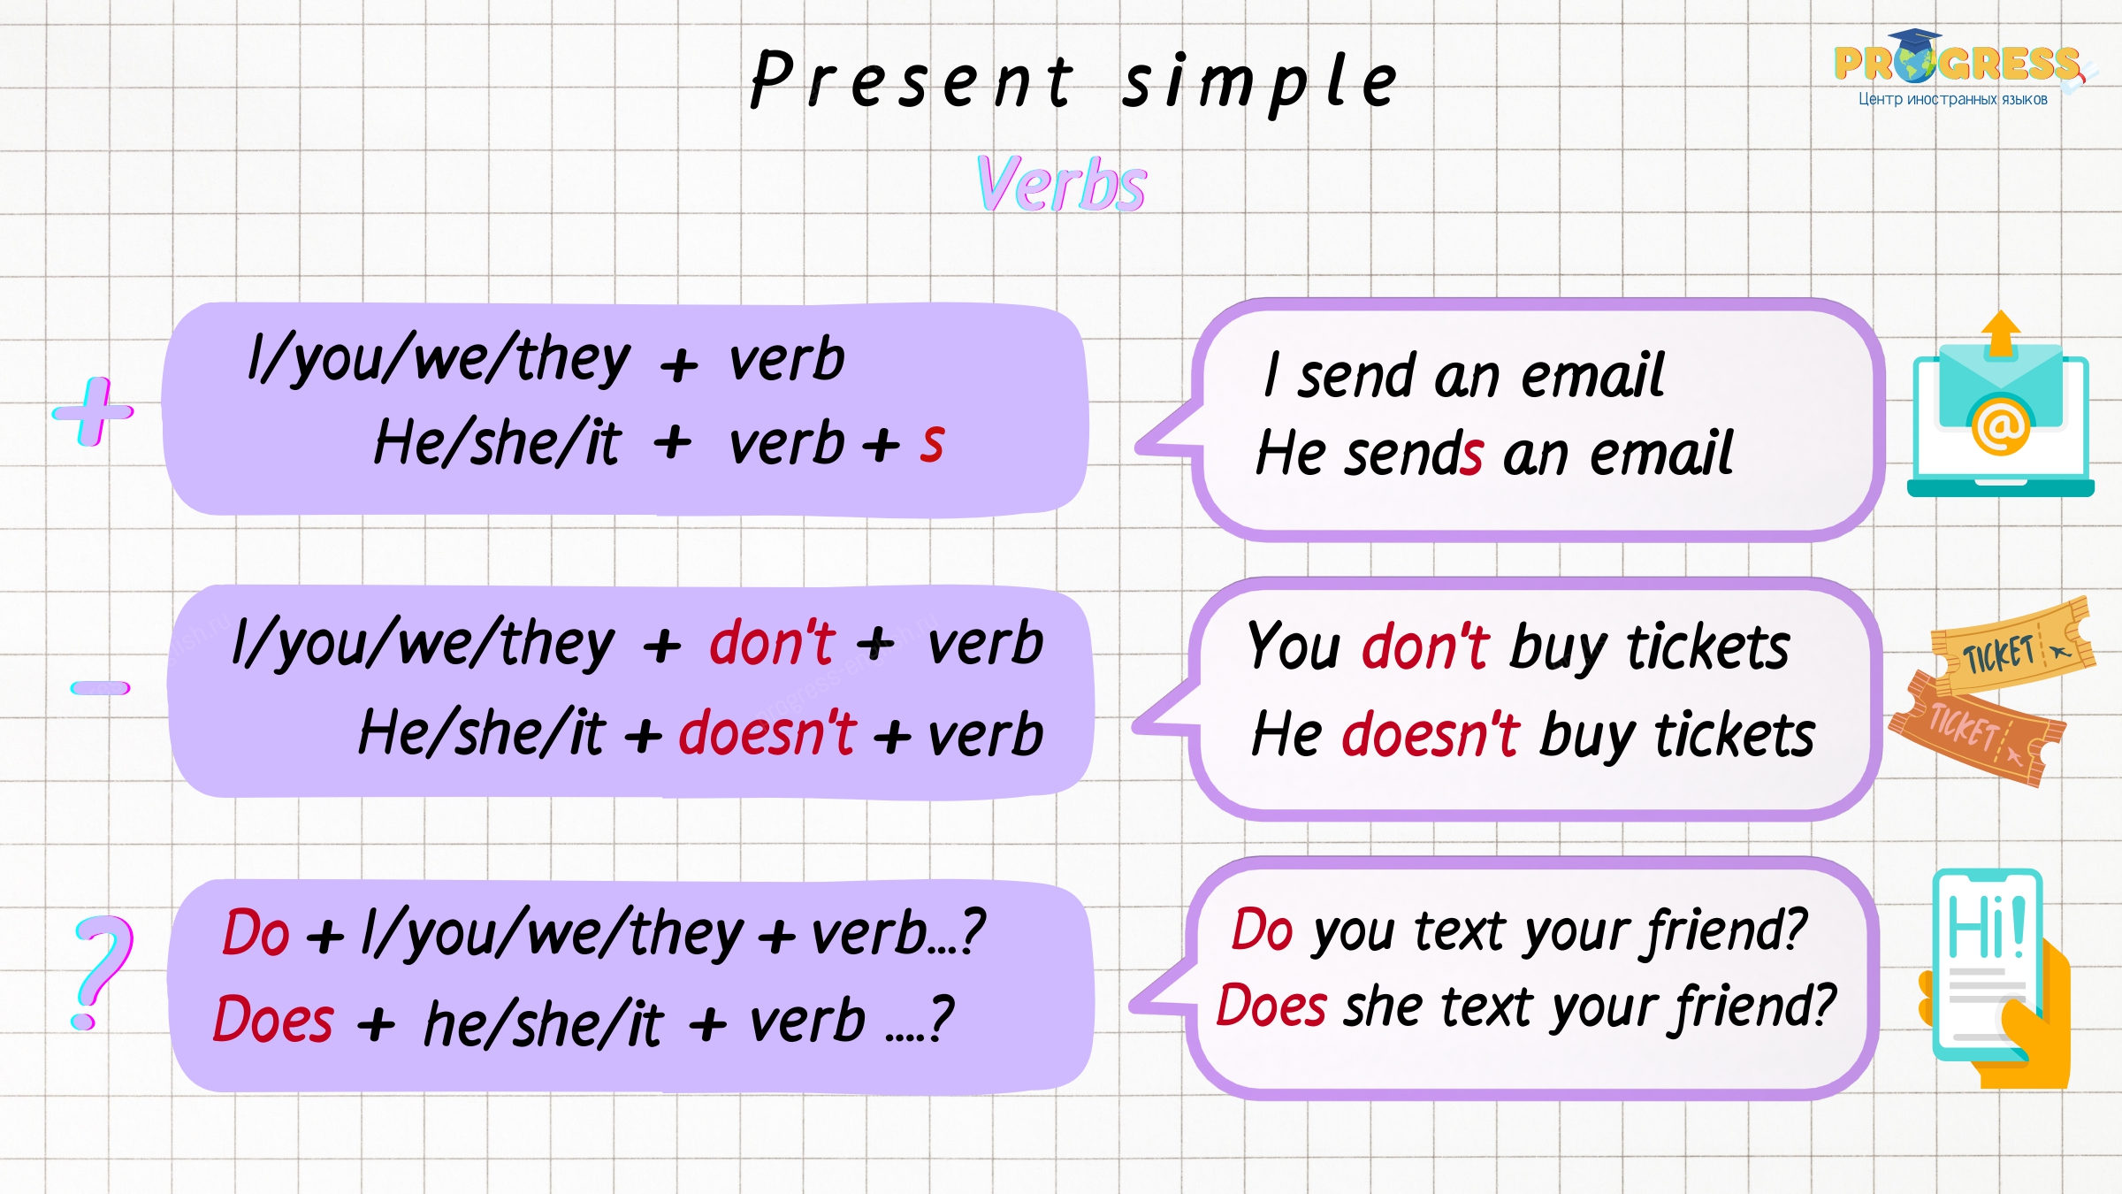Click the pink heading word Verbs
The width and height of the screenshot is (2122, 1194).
1062,183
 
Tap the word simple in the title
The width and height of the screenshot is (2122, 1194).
1259,82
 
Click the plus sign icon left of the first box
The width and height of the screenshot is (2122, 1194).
93,411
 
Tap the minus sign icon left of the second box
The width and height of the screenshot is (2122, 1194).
101,687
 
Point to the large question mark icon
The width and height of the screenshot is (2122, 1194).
103,971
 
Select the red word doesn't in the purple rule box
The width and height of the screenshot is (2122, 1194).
767,732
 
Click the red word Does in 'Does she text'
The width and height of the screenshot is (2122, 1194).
1271,1006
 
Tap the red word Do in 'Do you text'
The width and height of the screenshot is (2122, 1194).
1263,930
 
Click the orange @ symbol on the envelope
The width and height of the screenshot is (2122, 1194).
2001,425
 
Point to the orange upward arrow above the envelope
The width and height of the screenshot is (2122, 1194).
2001,334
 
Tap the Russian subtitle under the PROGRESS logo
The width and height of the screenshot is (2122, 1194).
1953,99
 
